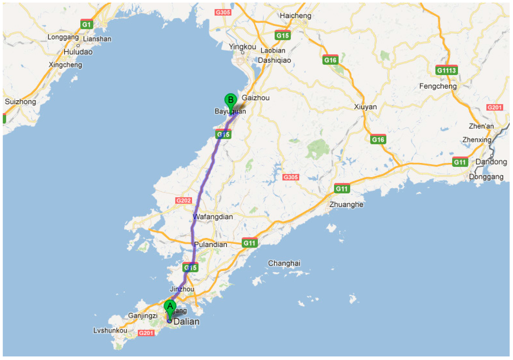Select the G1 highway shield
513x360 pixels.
click(x=87, y=24)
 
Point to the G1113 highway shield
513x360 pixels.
click(x=446, y=70)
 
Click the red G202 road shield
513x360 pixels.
click(x=183, y=201)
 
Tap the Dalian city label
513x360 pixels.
click(x=186, y=322)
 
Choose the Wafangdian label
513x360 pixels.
click(x=213, y=217)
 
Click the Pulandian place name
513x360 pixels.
click(x=210, y=245)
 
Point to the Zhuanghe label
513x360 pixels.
click(x=346, y=205)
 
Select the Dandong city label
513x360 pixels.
click(x=491, y=162)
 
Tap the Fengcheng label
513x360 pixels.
click(x=438, y=86)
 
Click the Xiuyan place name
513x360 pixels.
click(x=365, y=107)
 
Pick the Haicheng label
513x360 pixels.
click(x=296, y=16)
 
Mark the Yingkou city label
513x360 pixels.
click(x=242, y=47)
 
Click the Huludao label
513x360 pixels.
click(x=78, y=52)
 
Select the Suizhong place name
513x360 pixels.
click(x=21, y=102)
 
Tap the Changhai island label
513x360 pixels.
click(x=284, y=263)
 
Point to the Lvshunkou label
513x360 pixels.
click(x=110, y=330)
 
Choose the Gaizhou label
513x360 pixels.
click(x=255, y=98)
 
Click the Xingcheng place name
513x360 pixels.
click(x=65, y=65)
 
